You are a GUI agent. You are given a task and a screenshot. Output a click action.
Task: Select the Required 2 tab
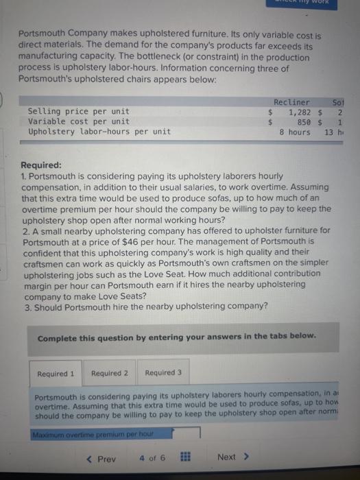click(x=110, y=374)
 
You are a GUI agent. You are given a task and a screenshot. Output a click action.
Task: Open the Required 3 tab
click(x=163, y=374)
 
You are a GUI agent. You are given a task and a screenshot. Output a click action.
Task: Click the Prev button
click(x=103, y=457)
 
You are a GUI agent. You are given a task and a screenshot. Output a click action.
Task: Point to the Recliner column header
click(x=291, y=102)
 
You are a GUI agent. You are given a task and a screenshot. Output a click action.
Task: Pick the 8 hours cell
click(x=295, y=132)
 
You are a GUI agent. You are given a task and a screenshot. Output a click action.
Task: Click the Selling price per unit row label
click(x=78, y=112)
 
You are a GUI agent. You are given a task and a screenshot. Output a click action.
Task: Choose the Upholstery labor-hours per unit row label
click(x=99, y=132)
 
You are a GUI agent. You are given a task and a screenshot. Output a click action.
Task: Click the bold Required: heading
click(x=42, y=165)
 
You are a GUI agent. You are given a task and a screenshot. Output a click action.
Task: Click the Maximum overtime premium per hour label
click(x=91, y=433)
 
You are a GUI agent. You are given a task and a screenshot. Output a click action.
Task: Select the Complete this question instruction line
click(x=176, y=337)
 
